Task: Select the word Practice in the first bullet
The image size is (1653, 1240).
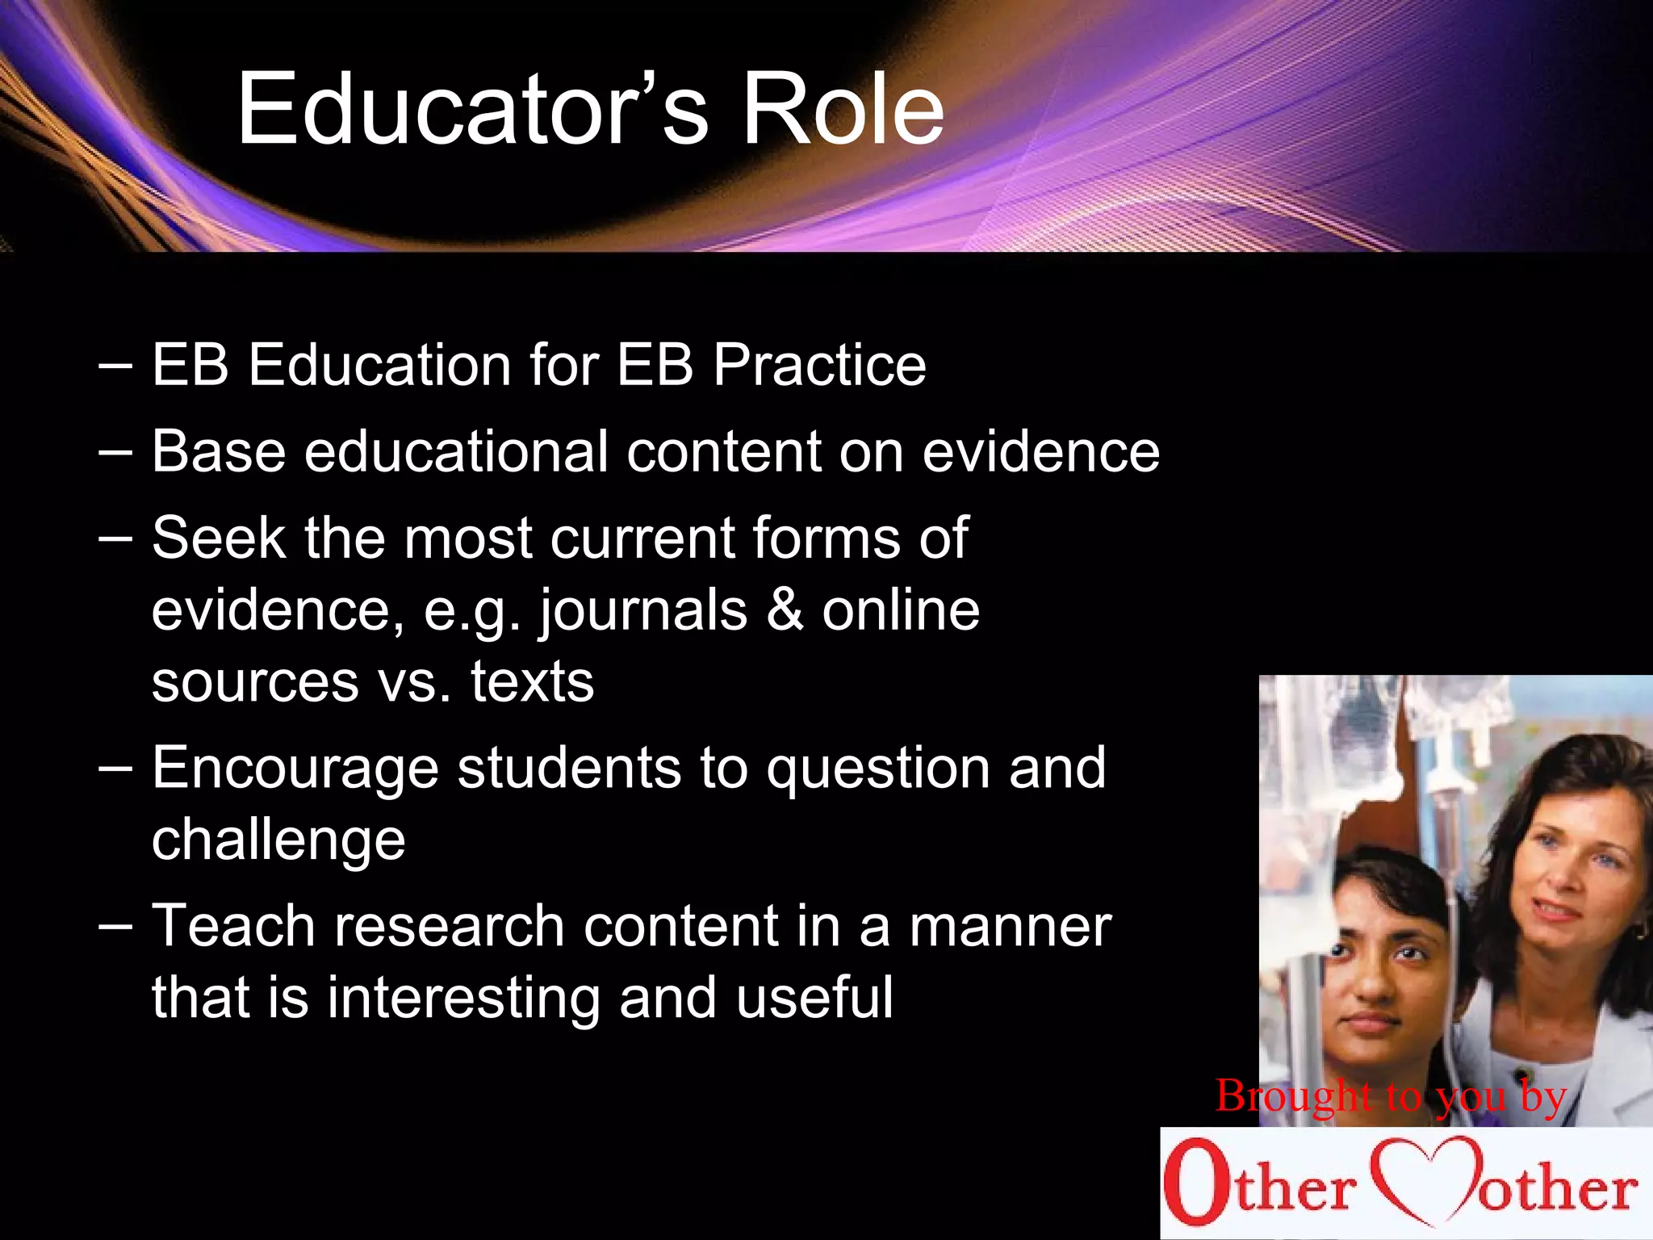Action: tap(819, 365)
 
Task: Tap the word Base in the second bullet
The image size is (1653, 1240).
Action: tap(219, 450)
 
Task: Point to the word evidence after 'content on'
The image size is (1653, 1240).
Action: tap(1041, 450)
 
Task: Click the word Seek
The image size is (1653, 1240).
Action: tap(219, 538)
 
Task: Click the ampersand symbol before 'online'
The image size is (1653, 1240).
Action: tap(785, 610)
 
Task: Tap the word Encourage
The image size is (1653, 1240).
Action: tap(295, 769)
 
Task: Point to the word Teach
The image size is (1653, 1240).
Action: tap(233, 926)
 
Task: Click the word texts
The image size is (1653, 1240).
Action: tap(532, 682)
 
